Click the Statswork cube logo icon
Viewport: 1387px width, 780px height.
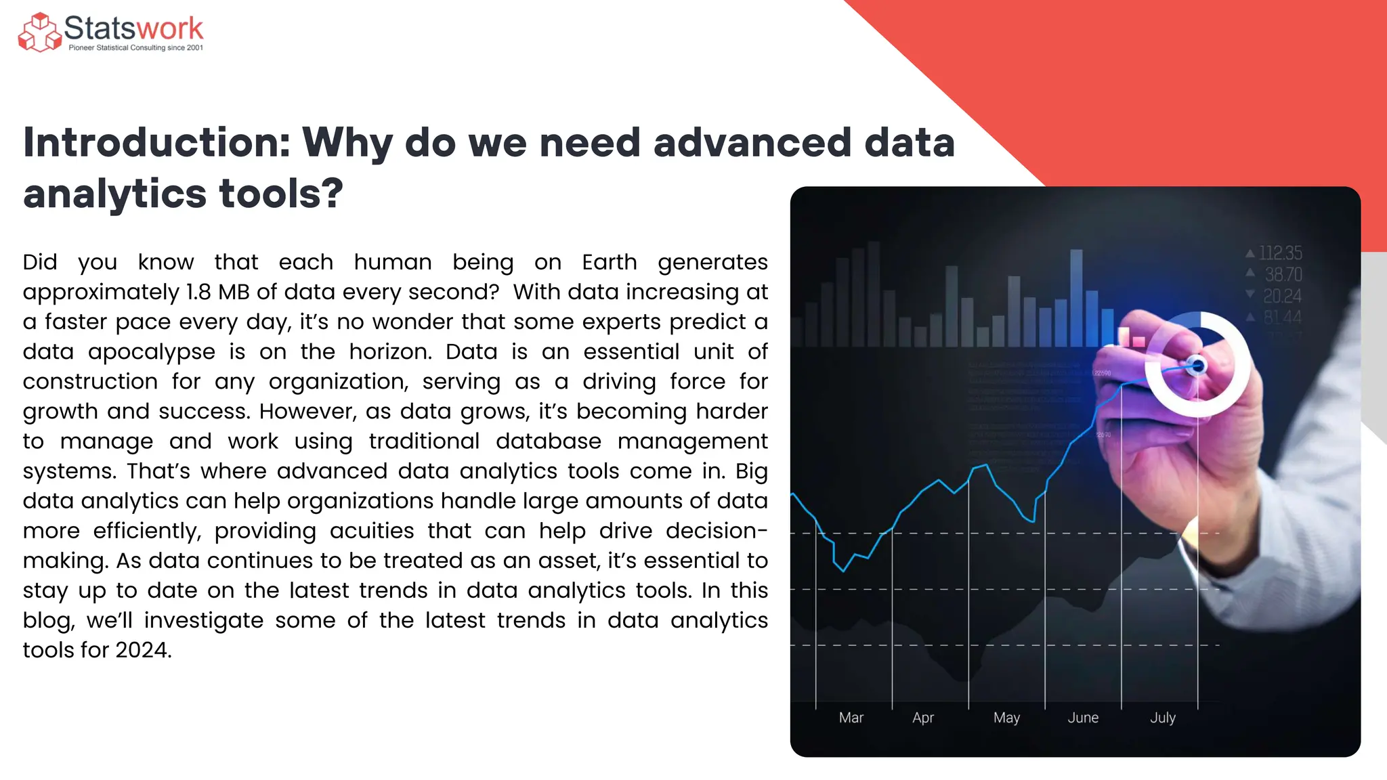pos(39,32)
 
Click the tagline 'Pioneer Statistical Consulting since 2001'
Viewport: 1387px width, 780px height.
pos(135,48)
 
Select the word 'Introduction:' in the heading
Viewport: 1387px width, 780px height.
pos(156,143)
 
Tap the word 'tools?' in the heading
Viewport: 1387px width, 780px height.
pos(281,194)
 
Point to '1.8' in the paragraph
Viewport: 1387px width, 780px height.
pos(198,292)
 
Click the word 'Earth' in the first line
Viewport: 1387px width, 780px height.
pos(609,262)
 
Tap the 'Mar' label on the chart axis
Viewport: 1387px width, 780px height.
pos(851,718)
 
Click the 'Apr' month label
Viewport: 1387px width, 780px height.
pos(922,718)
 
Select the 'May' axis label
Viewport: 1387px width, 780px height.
pos(1006,718)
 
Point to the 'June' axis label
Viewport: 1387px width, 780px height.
pos(1083,718)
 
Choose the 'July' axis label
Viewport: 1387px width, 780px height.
pos(1162,718)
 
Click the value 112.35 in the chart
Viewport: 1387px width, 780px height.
pos(1280,253)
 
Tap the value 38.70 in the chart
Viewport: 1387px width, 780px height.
pos(1283,275)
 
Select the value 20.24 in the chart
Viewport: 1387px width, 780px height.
pos(1281,296)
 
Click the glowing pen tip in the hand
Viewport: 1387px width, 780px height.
pos(1197,366)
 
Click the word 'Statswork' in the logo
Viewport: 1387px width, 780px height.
pos(133,28)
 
